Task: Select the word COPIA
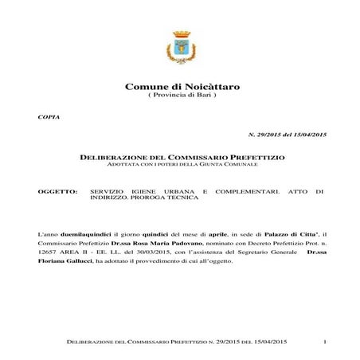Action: point(49,117)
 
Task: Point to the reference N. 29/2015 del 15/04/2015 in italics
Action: point(288,136)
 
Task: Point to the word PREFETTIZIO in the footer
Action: point(198,342)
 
